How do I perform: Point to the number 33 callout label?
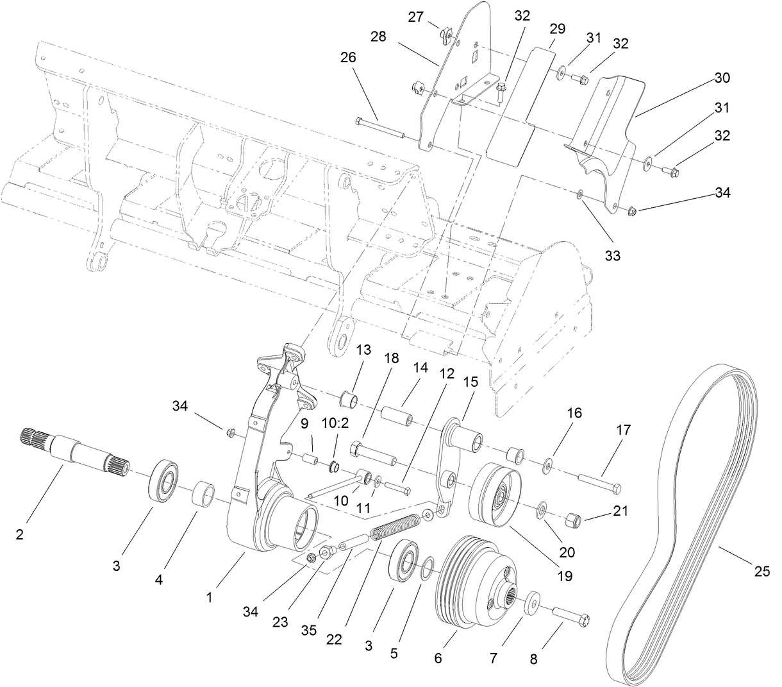click(612, 255)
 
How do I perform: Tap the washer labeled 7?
click(531, 607)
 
